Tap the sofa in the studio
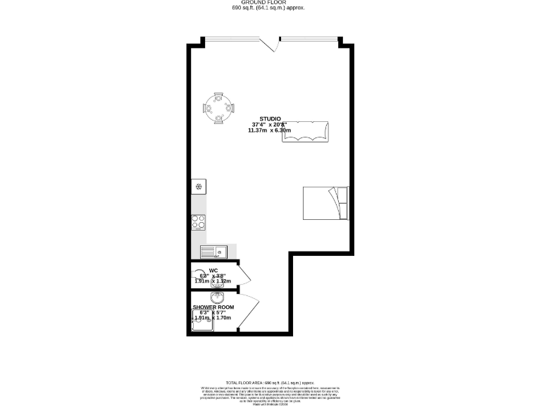click(x=306, y=131)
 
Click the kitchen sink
click(x=212, y=251)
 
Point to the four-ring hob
click(x=199, y=222)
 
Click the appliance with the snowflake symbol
click(x=199, y=187)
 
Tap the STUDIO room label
click(x=270, y=118)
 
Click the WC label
click(x=213, y=270)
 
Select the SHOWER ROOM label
click(x=213, y=307)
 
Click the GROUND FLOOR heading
click(x=270, y=3)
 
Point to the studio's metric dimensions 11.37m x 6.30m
click(x=270, y=130)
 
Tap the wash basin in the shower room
click(x=216, y=297)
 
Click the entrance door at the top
click(x=268, y=44)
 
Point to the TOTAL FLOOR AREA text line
click(x=270, y=381)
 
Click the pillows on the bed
click(x=342, y=202)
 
